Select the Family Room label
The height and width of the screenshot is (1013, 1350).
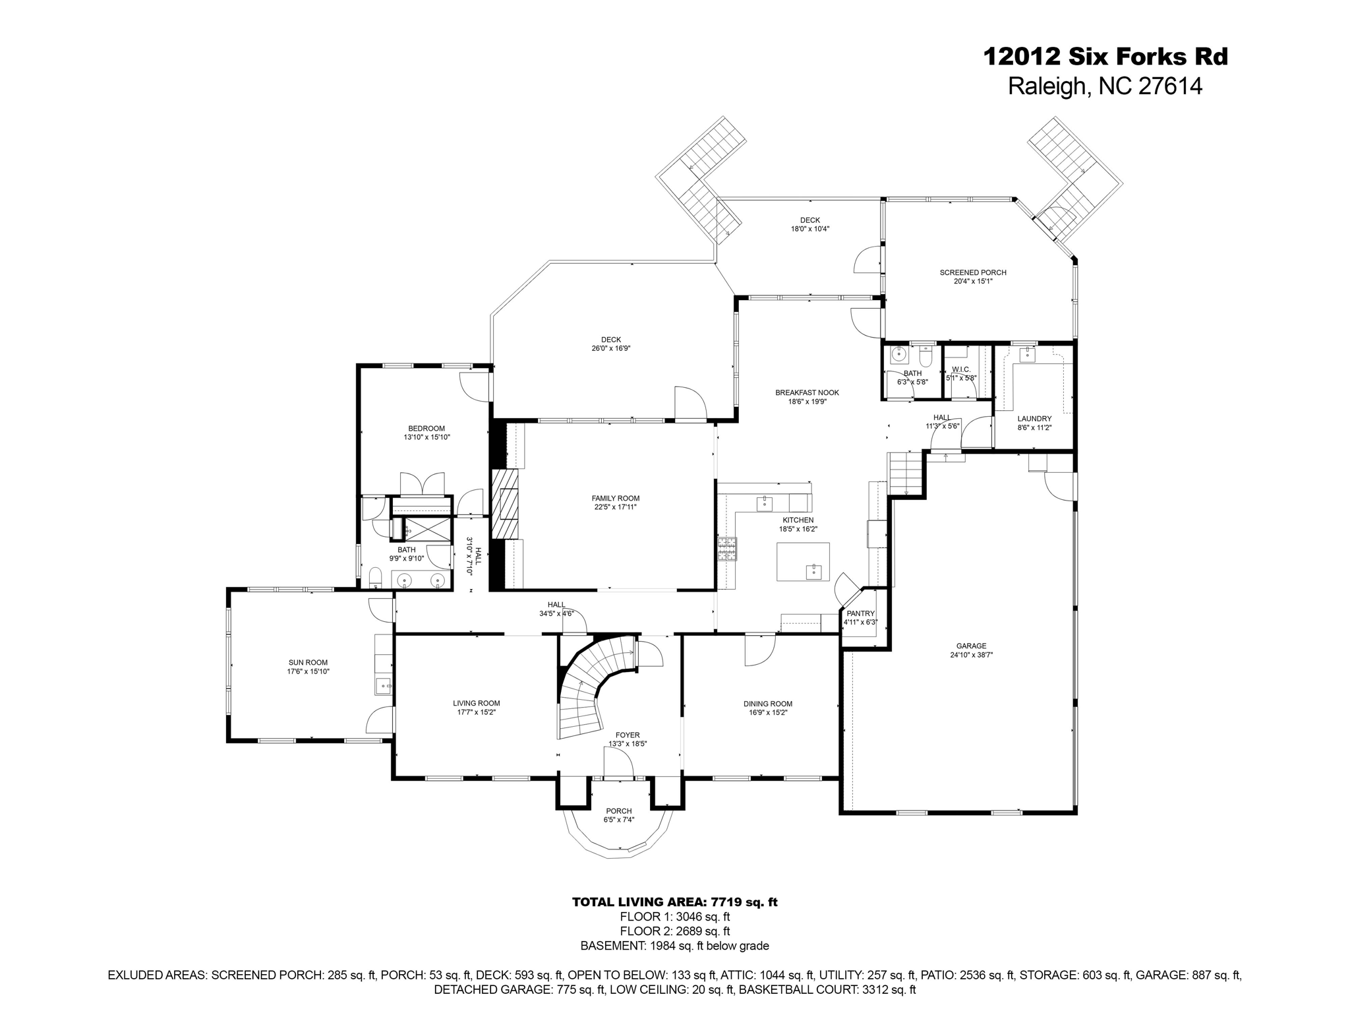pos(616,499)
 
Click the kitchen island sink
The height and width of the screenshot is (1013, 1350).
pos(814,571)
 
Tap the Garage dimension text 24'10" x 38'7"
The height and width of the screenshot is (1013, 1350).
pos(971,655)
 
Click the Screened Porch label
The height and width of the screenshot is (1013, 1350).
pos(973,272)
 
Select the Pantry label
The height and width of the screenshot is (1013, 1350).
pos(860,613)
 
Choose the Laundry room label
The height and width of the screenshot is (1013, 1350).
pos(1034,418)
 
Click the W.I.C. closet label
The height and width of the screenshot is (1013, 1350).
pos(960,369)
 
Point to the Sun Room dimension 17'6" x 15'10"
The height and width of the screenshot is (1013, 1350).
pos(308,671)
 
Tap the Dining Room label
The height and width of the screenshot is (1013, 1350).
pos(768,704)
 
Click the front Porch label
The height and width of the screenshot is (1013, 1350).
pos(618,811)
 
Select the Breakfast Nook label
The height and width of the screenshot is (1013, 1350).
pos(807,392)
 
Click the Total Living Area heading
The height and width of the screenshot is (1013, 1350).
pos(674,902)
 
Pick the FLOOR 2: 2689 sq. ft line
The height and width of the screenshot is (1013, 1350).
pos(674,931)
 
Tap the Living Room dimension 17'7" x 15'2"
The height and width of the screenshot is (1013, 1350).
pos(477,712)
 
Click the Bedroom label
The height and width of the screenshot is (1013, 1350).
pos(426,429)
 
